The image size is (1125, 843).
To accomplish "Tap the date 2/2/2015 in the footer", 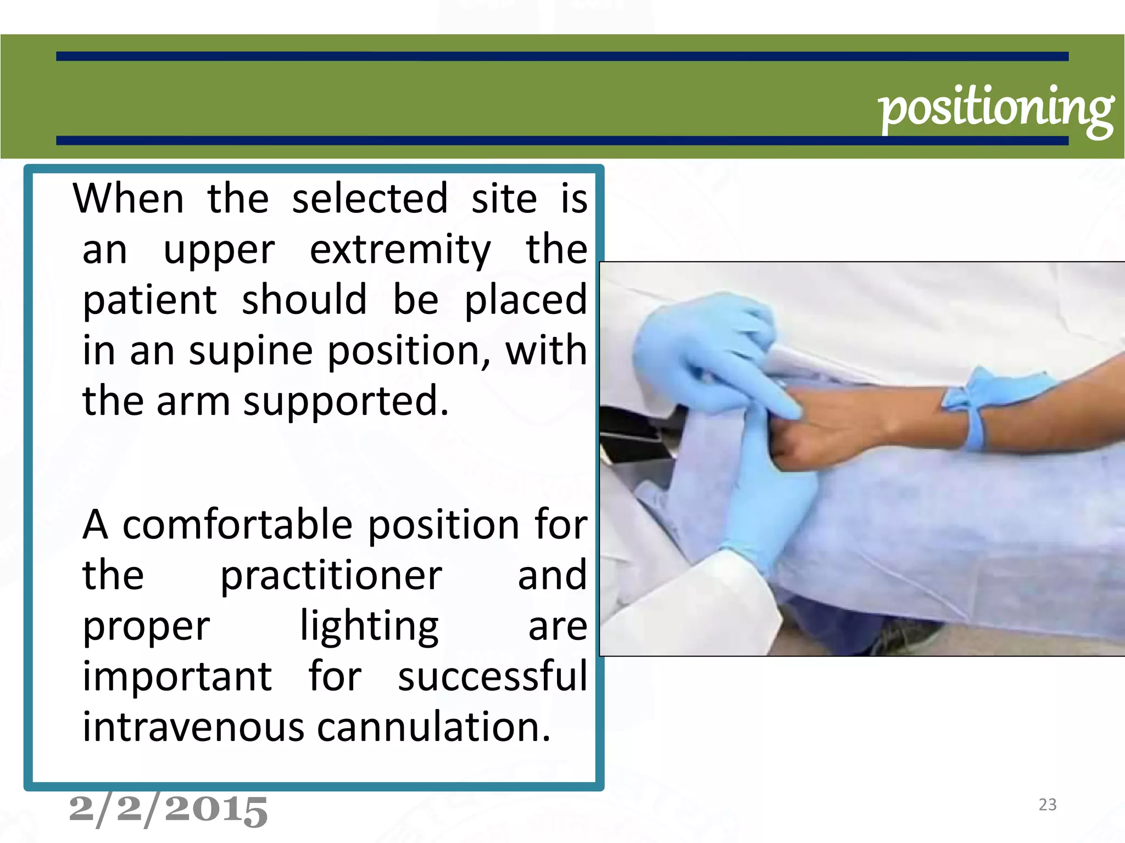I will click(169, 810).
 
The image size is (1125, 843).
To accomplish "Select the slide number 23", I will click(1048, 805).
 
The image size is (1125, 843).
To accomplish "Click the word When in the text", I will click(129, 198).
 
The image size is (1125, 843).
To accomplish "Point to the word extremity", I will click(400, 250).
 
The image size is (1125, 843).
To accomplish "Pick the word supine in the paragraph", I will click(250, 351).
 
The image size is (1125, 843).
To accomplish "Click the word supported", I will click(346, 402).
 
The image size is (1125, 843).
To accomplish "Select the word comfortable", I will click(237, 525).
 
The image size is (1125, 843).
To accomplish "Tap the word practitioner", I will click(331, 576).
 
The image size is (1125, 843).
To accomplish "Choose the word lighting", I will click(369, 627).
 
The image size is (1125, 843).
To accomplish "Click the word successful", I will click(493, 676).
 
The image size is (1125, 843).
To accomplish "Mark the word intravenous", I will click(193, 727).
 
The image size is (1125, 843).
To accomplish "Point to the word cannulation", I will click(433, 727).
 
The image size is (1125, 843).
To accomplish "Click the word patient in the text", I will click(150, 300).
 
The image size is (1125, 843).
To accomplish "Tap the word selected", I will click(370, 198).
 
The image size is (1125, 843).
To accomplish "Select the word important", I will click(177, 676).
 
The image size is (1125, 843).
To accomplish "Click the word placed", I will click(526, 300).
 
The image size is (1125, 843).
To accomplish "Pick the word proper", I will click(146, 627).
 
